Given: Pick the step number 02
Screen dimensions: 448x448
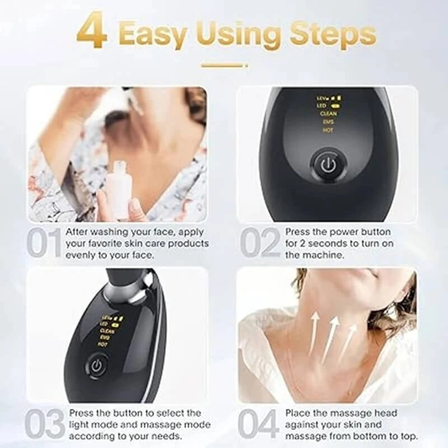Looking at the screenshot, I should [x=260, y=243].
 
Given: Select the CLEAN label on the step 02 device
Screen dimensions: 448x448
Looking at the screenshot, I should [x=328, y=114].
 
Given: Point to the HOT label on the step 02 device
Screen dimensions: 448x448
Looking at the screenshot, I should [x=328, y=130].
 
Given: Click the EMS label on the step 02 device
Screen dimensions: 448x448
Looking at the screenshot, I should [x=328, y=122].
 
